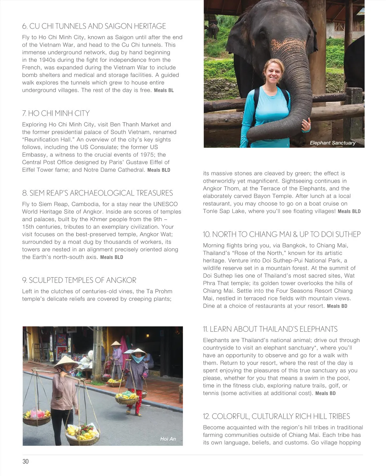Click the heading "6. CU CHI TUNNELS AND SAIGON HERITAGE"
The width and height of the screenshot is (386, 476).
94,26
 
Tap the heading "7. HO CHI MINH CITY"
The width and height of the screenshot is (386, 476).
56,113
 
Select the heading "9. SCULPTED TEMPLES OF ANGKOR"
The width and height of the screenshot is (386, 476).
79,280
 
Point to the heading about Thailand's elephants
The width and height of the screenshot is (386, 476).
270,329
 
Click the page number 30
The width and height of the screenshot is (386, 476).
25,462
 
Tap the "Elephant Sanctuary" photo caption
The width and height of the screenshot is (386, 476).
332,143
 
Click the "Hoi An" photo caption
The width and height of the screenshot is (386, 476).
168,439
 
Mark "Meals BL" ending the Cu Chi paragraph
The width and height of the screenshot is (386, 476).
164,90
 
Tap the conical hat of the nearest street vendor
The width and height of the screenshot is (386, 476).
66,362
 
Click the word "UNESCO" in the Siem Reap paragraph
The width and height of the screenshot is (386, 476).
165,204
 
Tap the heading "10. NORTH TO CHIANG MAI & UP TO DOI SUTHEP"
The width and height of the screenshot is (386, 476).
282,234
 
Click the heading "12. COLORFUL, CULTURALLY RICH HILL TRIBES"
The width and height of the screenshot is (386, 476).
276,416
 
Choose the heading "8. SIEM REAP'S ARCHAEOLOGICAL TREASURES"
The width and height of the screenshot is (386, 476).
97,193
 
